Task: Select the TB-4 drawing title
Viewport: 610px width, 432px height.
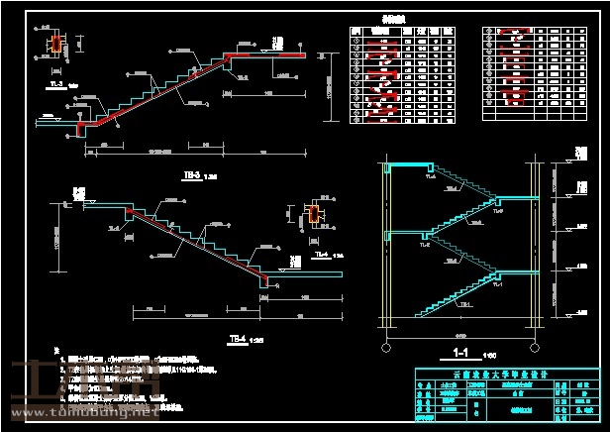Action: coord(237,340)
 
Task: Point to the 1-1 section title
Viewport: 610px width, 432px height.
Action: coord(459,351)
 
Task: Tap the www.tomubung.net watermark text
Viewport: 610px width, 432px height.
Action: coord(83,417)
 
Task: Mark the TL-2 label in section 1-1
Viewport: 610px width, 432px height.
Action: coord(424,245)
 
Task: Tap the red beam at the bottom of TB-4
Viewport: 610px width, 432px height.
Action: coord(263,280)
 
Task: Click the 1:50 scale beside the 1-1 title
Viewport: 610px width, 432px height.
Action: coord(488,354)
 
